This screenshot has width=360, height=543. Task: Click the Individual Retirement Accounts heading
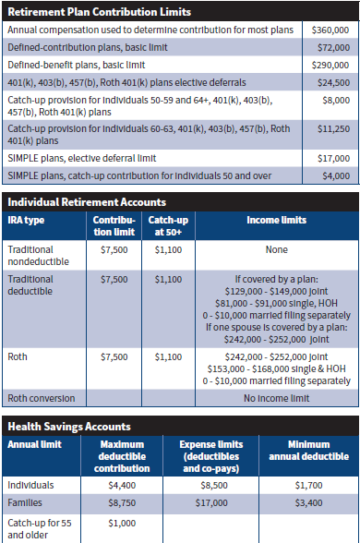pos(87,201)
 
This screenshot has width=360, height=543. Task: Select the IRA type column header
pos(28,220)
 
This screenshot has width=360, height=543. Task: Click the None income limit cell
pos(275,249)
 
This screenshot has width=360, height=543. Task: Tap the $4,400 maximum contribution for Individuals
pos(122,483)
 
